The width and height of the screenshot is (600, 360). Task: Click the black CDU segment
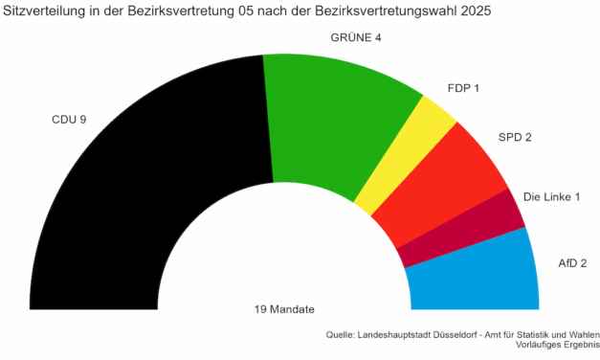[x=144, y=201]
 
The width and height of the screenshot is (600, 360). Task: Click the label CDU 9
[x=69, y=121]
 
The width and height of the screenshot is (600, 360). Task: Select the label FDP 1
[x=463, y=88]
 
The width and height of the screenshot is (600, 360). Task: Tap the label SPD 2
[x=515, y=137]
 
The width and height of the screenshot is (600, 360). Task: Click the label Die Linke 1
[x=552, y=197]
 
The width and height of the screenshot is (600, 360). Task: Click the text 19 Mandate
[x=284, y=309]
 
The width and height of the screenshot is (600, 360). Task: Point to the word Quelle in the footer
[x=342, y=335]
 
